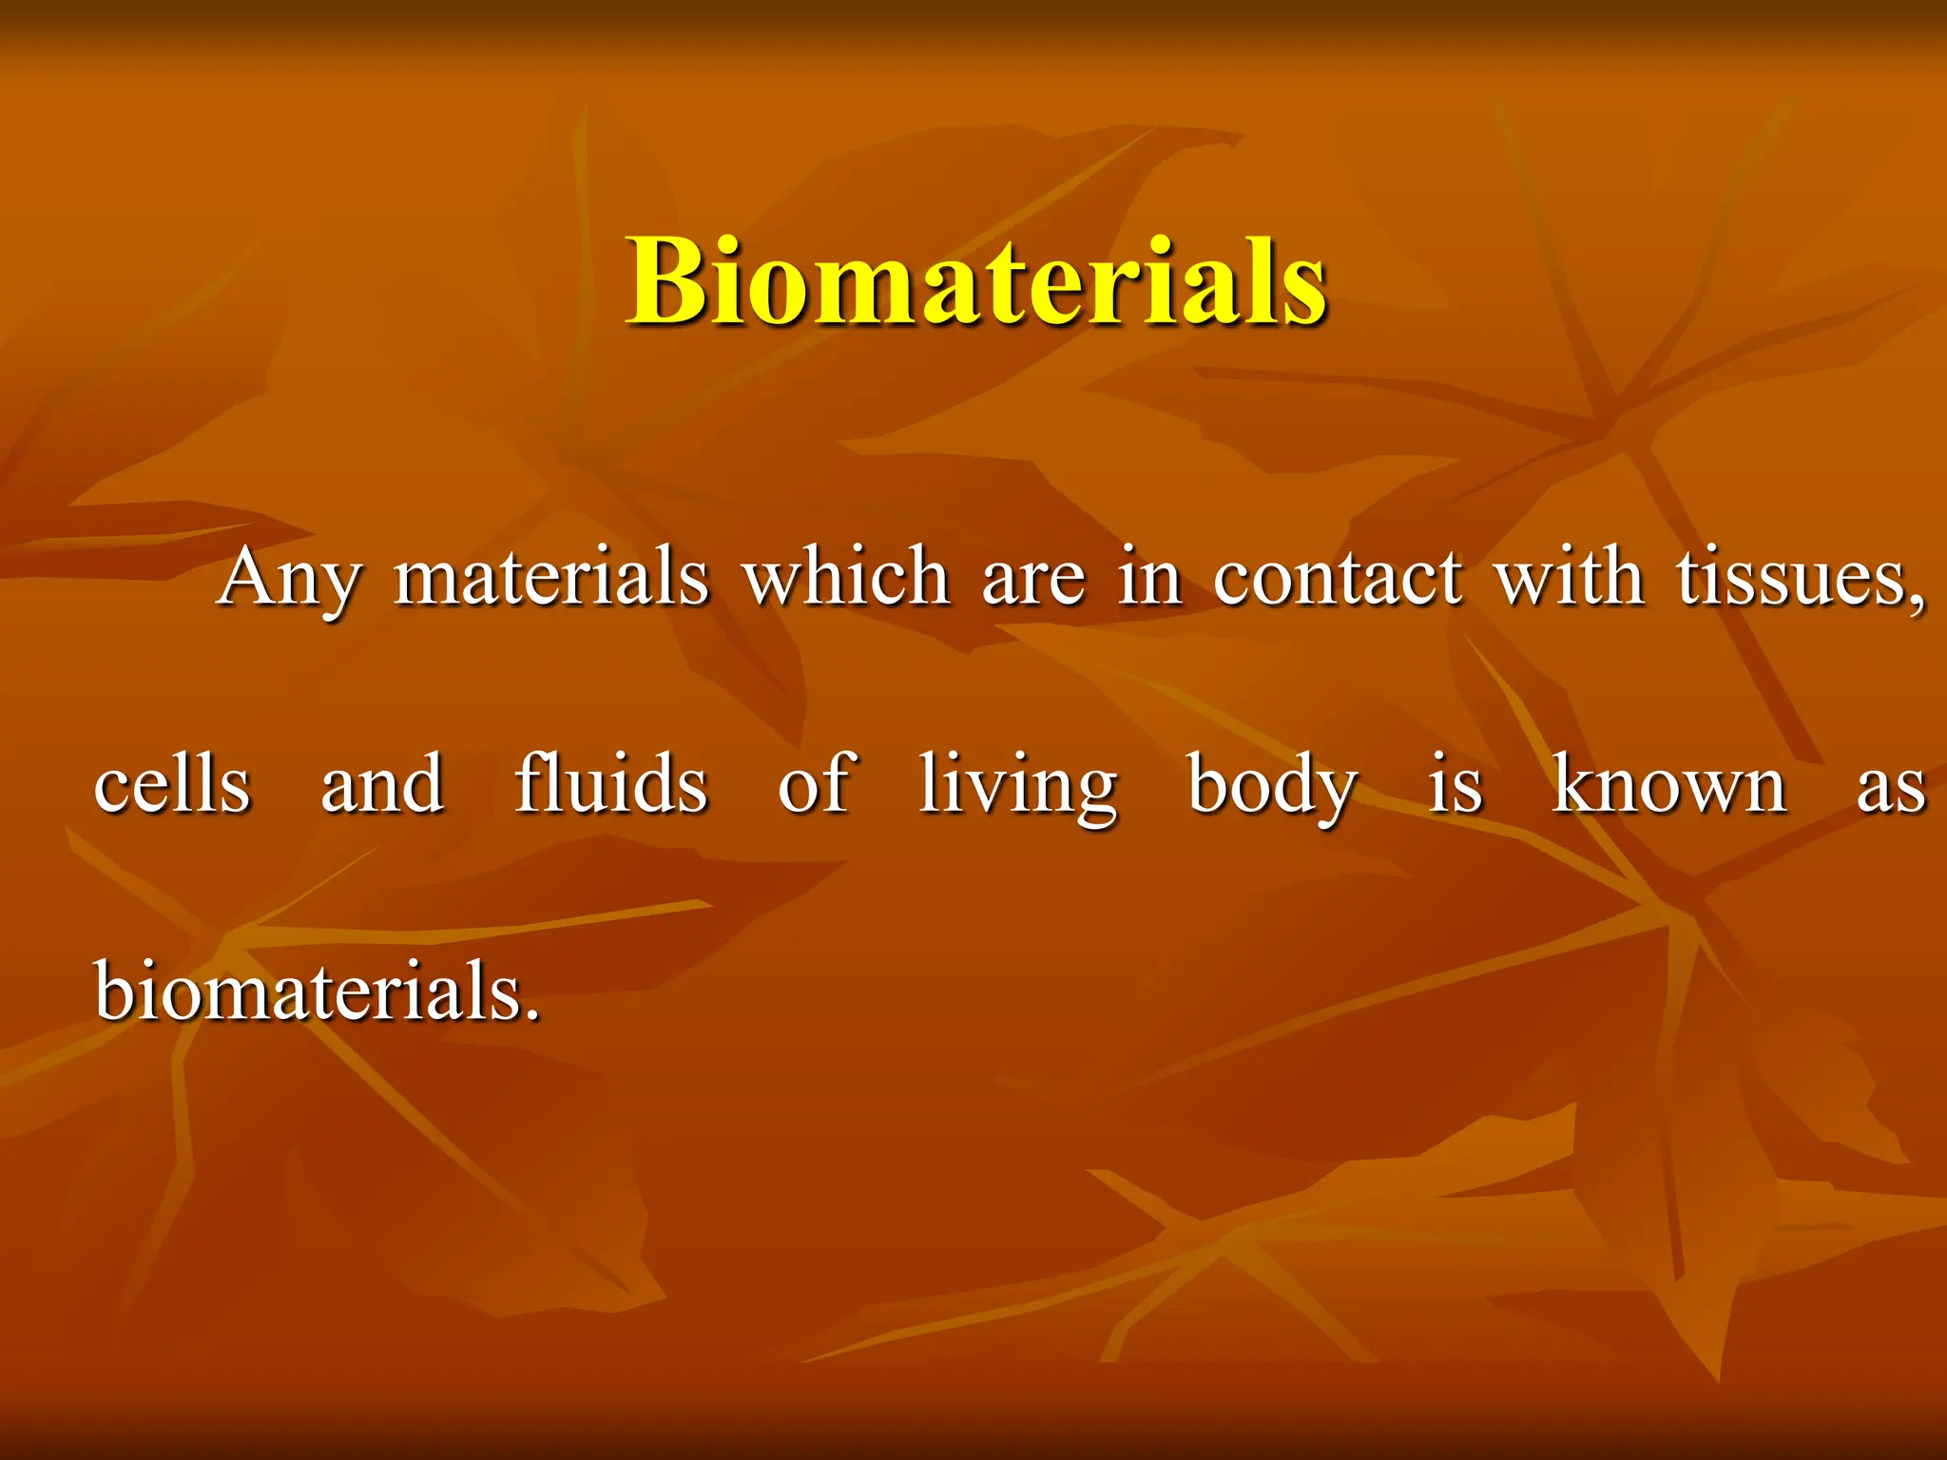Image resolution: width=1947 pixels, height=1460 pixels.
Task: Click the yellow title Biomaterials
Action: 976,281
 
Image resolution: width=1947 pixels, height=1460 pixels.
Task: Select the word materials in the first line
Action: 551,578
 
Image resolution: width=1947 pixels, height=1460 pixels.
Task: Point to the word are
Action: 1033,582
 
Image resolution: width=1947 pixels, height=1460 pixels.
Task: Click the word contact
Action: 1338,578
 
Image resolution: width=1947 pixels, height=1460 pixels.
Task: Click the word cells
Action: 172,785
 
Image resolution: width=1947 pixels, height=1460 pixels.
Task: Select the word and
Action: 382,785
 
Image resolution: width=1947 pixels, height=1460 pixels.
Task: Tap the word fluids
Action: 611,783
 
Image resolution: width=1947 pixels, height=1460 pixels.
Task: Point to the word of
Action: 817,783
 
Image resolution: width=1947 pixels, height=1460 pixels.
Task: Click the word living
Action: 1018,787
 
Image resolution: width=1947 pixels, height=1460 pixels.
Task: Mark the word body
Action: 1272,787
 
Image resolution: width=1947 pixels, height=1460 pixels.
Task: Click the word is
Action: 1455,785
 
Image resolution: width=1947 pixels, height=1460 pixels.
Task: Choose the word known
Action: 1669,785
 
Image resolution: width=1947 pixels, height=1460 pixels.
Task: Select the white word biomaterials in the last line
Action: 317,990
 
